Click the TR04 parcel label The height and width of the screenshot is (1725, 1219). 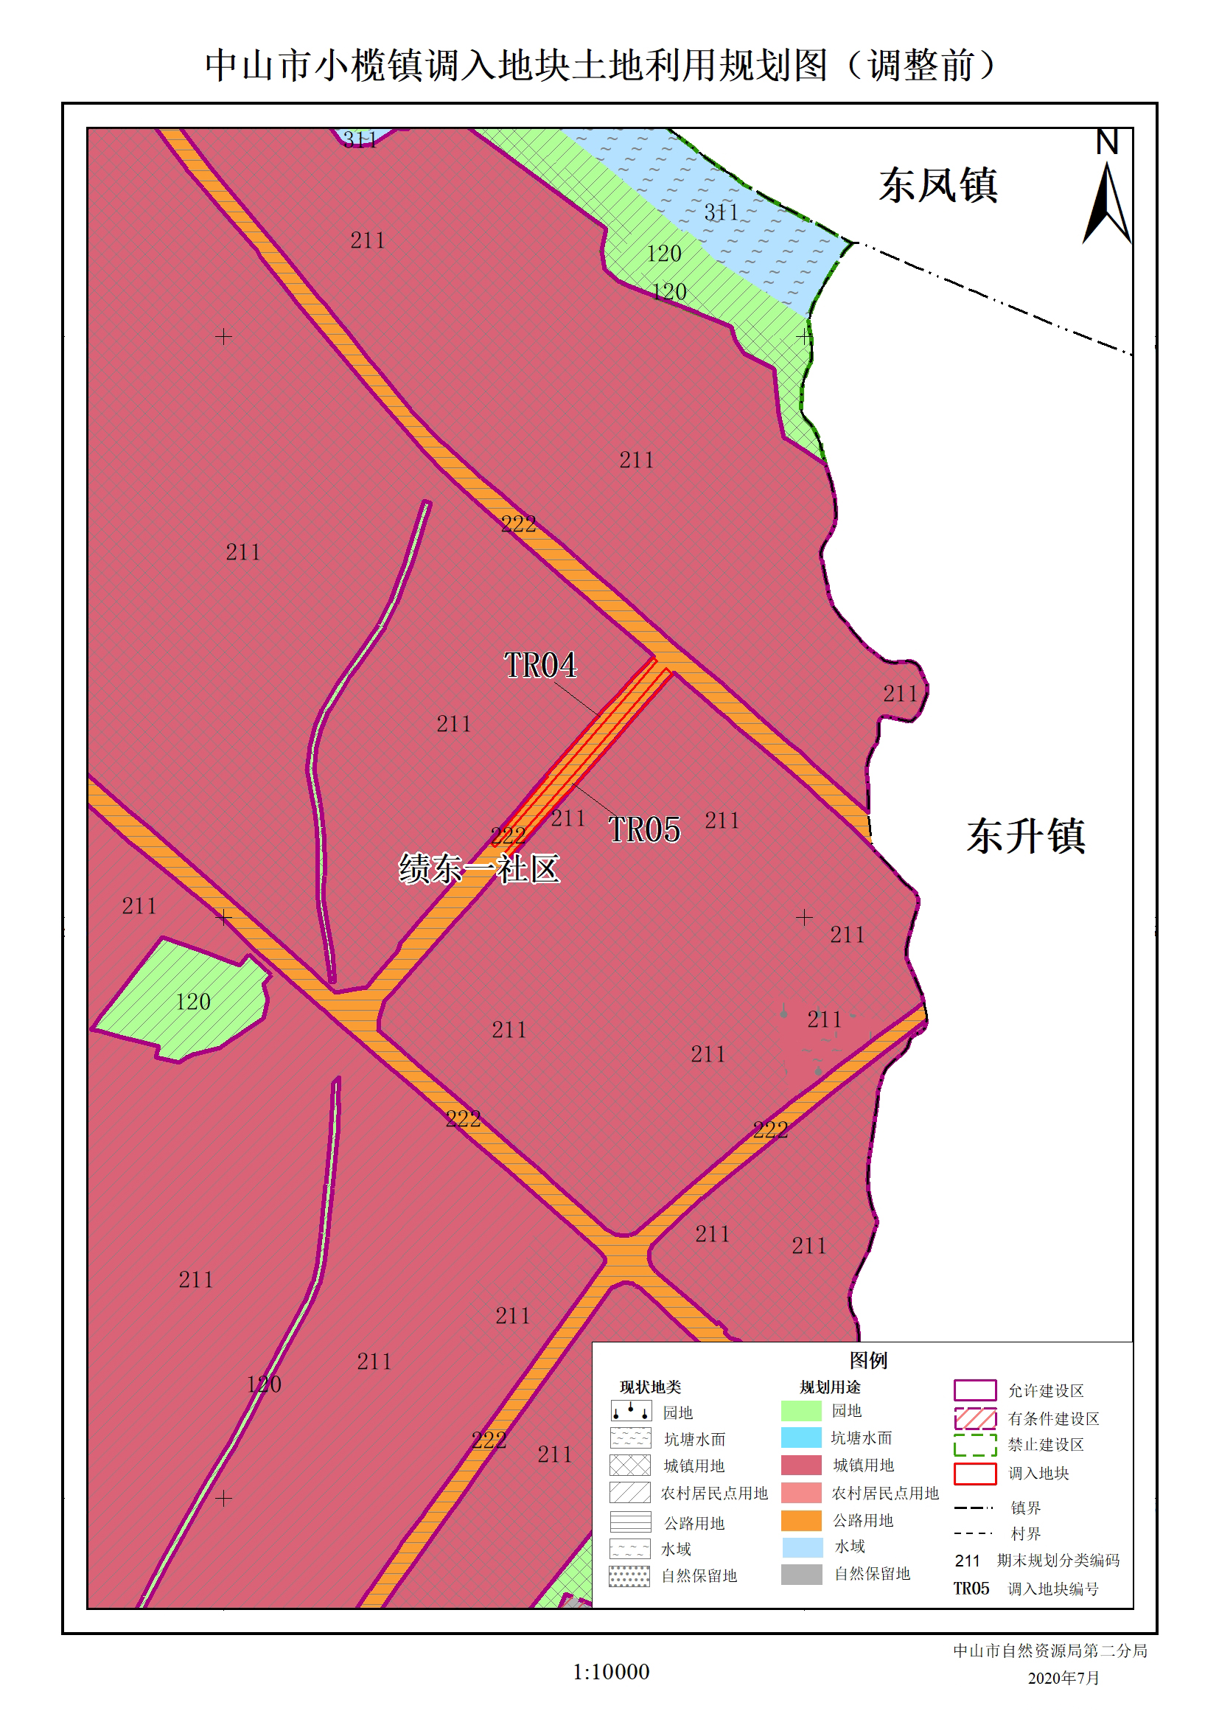[540, 666]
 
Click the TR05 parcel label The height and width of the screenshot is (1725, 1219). [643, 830]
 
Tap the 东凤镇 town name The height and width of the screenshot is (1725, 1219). [938, 186]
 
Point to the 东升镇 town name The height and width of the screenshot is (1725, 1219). [1025, 836]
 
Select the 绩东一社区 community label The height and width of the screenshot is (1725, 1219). [479, 869]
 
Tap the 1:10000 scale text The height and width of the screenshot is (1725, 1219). [611, 1672]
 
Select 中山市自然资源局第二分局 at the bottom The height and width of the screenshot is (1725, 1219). [1049, 1651]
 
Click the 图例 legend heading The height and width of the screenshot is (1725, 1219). [868, 1361]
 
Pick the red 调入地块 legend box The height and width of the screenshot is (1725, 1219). [975, 1474]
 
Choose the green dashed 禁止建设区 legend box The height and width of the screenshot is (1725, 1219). [975, 1446]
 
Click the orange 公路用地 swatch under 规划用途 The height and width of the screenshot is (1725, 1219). [801, 1521]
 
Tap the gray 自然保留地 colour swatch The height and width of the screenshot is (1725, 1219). [801, 1574]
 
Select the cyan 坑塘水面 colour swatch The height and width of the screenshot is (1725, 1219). [801, 1438]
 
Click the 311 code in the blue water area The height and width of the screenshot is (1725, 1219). [721, 213]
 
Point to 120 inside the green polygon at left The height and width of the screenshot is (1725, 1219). [193, 1003]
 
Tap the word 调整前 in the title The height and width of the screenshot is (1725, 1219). [921, 66]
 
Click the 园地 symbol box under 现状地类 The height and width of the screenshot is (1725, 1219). [630, 1411]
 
